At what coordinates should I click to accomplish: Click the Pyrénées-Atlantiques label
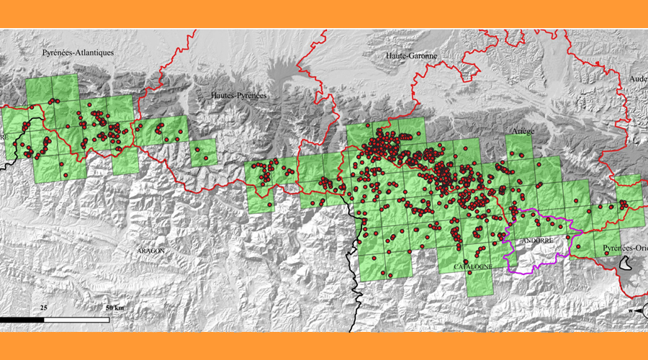(78, 53)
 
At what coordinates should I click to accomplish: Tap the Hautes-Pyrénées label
(238, 95)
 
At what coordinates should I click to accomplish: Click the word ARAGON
(150, 251)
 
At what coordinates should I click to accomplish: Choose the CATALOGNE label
(472, 267)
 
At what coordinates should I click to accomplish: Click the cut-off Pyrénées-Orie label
(624, 248)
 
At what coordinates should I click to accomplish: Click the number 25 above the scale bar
(44, 307)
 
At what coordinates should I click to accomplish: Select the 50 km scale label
(114, 307)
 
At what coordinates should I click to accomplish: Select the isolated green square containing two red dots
(203, 152)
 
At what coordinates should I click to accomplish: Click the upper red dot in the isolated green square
(202, 149)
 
